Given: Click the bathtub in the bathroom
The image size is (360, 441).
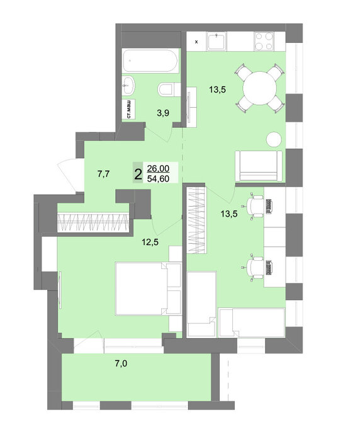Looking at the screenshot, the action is pyautogui.click(x=150, y=60).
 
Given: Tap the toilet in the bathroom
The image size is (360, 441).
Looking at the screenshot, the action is pyautogui.click(x=169, y=89).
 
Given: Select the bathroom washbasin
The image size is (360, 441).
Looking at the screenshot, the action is pyautogui.click(x=128, y=86).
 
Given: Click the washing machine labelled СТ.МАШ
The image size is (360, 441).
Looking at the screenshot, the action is pyautogui.click(x=129, y=109).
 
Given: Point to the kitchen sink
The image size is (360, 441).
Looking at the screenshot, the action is pyautogui.click(x=217, y=42).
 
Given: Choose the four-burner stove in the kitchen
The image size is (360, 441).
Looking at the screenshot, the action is pyautogui.click(x=264, y=42).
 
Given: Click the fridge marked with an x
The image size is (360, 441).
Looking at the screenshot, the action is pyautogui.click(x=196, y=42).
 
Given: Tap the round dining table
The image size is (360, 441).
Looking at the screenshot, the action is pyautogui.click(x=260, y=88).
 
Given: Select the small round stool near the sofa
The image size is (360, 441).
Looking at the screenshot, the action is pyautogui.click(x=274, y=139).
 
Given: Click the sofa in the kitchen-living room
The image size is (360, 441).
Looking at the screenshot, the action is pyautogui.click(x=259, y=166).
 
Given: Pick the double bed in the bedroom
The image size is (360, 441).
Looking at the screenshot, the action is pyautogui.click(x=148, y=289).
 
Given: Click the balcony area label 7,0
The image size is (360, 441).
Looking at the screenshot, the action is pyautogui.click(x=121, y=364).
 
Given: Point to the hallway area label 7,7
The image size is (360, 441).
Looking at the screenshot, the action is pyautogui.click(x=103, y=175).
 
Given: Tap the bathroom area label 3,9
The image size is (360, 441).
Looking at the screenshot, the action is pyautogui.click(x=163, y=113).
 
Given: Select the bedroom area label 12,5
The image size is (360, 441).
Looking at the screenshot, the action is pyautogui.click(x=150, y=242).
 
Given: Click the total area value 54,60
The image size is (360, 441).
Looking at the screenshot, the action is pyautogui.click(x=158, y=178).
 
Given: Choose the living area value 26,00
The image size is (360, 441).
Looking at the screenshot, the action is pyautogui.click(x=158, y=168).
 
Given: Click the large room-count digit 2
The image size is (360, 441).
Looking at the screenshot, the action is pyautogui.click(x=138, y=175).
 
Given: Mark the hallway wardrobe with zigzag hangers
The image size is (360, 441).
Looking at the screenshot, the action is pyautogui.click(x=93, y=223).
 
